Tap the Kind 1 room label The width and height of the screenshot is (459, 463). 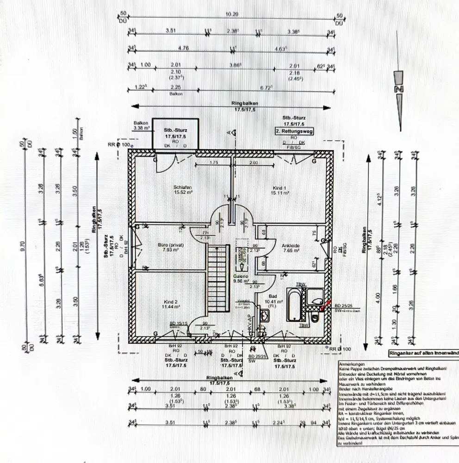[x=279, y=188]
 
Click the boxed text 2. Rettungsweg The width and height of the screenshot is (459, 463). [x=294, y=131]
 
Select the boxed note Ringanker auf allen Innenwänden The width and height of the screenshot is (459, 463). [x=423, y=354]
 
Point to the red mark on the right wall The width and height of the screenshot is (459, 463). [x=327, y=303]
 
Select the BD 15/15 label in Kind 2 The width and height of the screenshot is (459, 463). [x=178, y=323]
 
